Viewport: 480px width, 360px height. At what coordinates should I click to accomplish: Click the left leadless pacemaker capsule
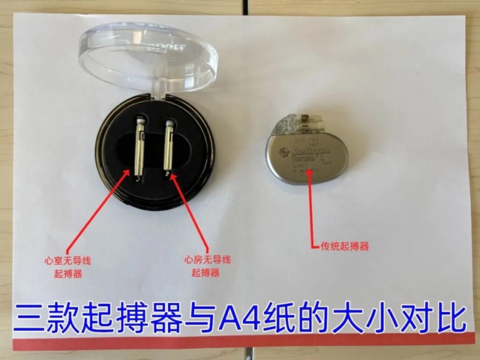(x=139, y=146)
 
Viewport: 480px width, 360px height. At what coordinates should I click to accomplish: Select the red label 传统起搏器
(x=344, y=245)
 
